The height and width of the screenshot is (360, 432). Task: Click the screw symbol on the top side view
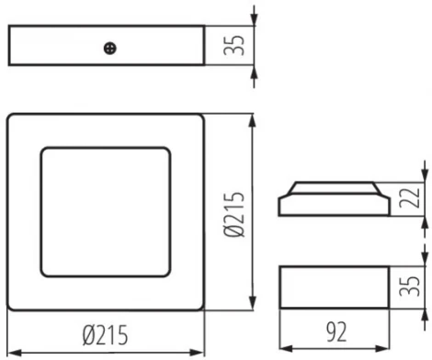tap(110, 47)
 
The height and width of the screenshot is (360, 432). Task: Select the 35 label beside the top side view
tap(234, 46)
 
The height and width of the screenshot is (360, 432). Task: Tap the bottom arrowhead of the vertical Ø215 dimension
tap(253, 306)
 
